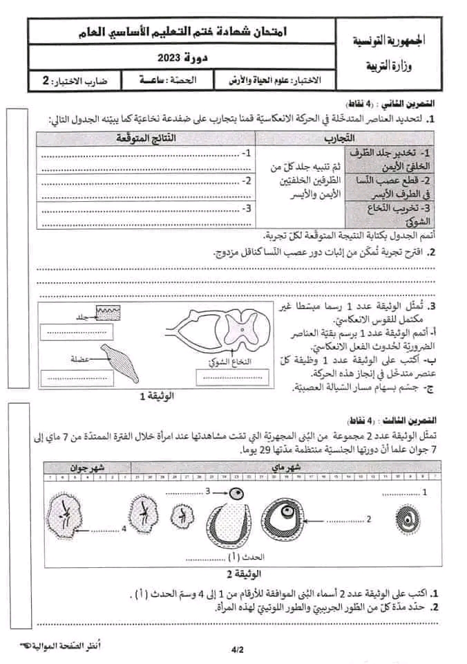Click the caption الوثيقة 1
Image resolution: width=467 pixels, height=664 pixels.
(156, 396)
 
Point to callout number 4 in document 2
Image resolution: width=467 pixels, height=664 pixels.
(124, 528)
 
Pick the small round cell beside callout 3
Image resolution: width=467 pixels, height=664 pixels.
(237, 494)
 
